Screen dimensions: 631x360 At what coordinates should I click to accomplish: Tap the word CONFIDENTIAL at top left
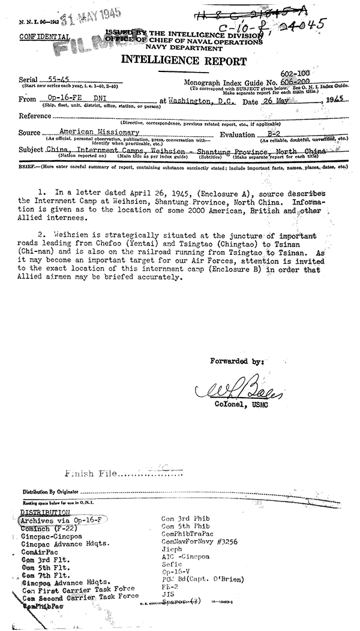pyautogui.click(x=44, y=36)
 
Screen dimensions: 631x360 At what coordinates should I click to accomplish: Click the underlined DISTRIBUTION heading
pyautogui.click(x=45, y=512)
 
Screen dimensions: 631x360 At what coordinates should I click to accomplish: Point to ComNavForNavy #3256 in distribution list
pyautogui.click(x=199, y=541)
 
